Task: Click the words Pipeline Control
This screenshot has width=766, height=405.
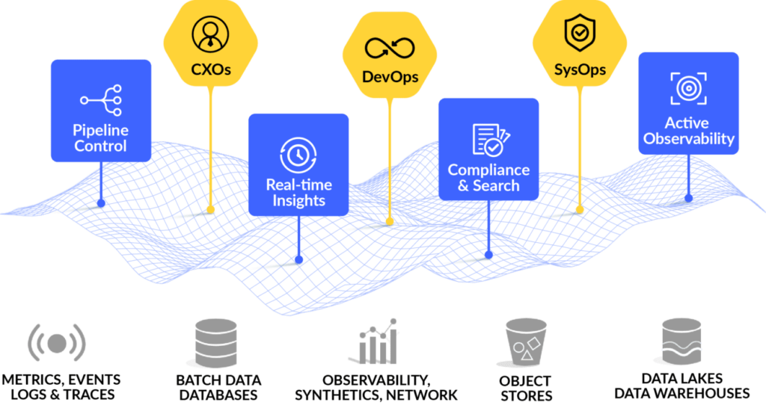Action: click(x=100, y=138)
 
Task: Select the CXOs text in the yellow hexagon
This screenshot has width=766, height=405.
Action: click(x=210, y=72)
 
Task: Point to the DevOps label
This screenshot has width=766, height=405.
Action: click(x=390, y=76)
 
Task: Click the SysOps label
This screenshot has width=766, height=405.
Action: click(x=580, y=72)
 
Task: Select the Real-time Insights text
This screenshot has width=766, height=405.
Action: click(x=298, y=193)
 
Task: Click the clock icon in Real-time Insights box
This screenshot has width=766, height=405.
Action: click(x=298, y=154)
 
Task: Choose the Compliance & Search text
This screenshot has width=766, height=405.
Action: click(x=488, y=178)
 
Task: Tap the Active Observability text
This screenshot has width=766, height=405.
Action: click(x=689, y=131)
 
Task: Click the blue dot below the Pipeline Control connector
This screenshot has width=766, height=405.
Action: click(x=101, y=202)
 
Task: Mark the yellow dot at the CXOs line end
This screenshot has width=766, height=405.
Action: click(x=210, y=210)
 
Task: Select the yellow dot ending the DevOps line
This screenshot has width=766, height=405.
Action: click(x=389, y=222)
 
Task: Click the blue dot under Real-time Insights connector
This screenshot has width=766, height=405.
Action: click(x=298, y=260)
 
